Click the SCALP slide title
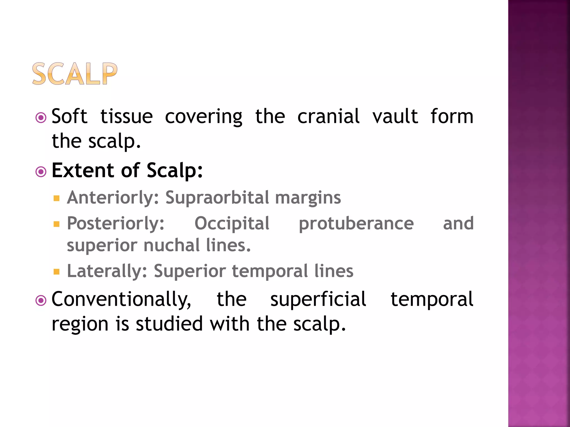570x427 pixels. point(75,74)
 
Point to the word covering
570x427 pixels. point(204,117)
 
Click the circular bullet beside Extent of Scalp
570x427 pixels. point(41,172)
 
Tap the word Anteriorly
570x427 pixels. point(113,198)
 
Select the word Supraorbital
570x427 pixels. point(217,198)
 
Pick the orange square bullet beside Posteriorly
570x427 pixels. point(57,224)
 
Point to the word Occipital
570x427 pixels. point(232,224)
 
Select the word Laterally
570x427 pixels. point(107,271)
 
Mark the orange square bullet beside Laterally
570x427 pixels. point(57,272)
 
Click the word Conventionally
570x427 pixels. point(121,300)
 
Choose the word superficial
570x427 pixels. point(318,299)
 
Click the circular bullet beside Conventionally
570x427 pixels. point(41,301)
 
